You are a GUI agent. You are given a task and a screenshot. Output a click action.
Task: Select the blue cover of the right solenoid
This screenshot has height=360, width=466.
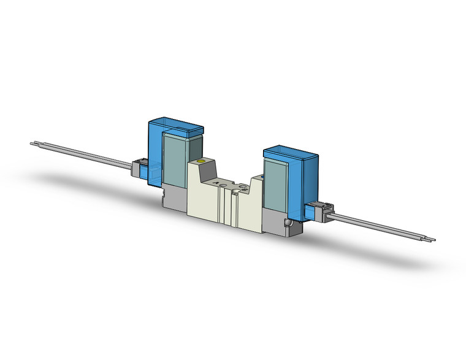[x=306, y=178]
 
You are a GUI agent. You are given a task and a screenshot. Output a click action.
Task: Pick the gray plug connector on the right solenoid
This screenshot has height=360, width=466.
[x=320, y=211]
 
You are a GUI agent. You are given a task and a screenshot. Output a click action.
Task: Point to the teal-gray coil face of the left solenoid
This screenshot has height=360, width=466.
[x=174, y=159]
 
